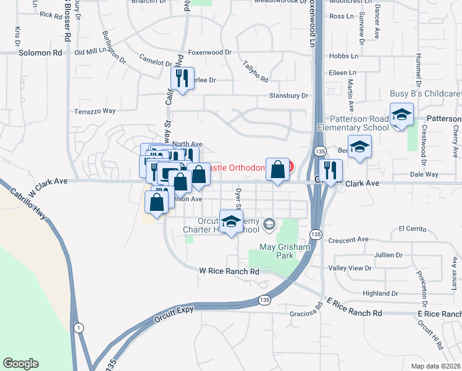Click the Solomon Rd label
[x=41, y=53]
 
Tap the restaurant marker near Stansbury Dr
[x=180, y=79]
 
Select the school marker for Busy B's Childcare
[x=401, y=115]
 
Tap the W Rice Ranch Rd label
[x=229, y=271]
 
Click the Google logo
[x=20, y=364]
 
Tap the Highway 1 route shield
[x=79, y=328]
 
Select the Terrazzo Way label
[x=95, y=111]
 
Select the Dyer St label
[x=238, y=197]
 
